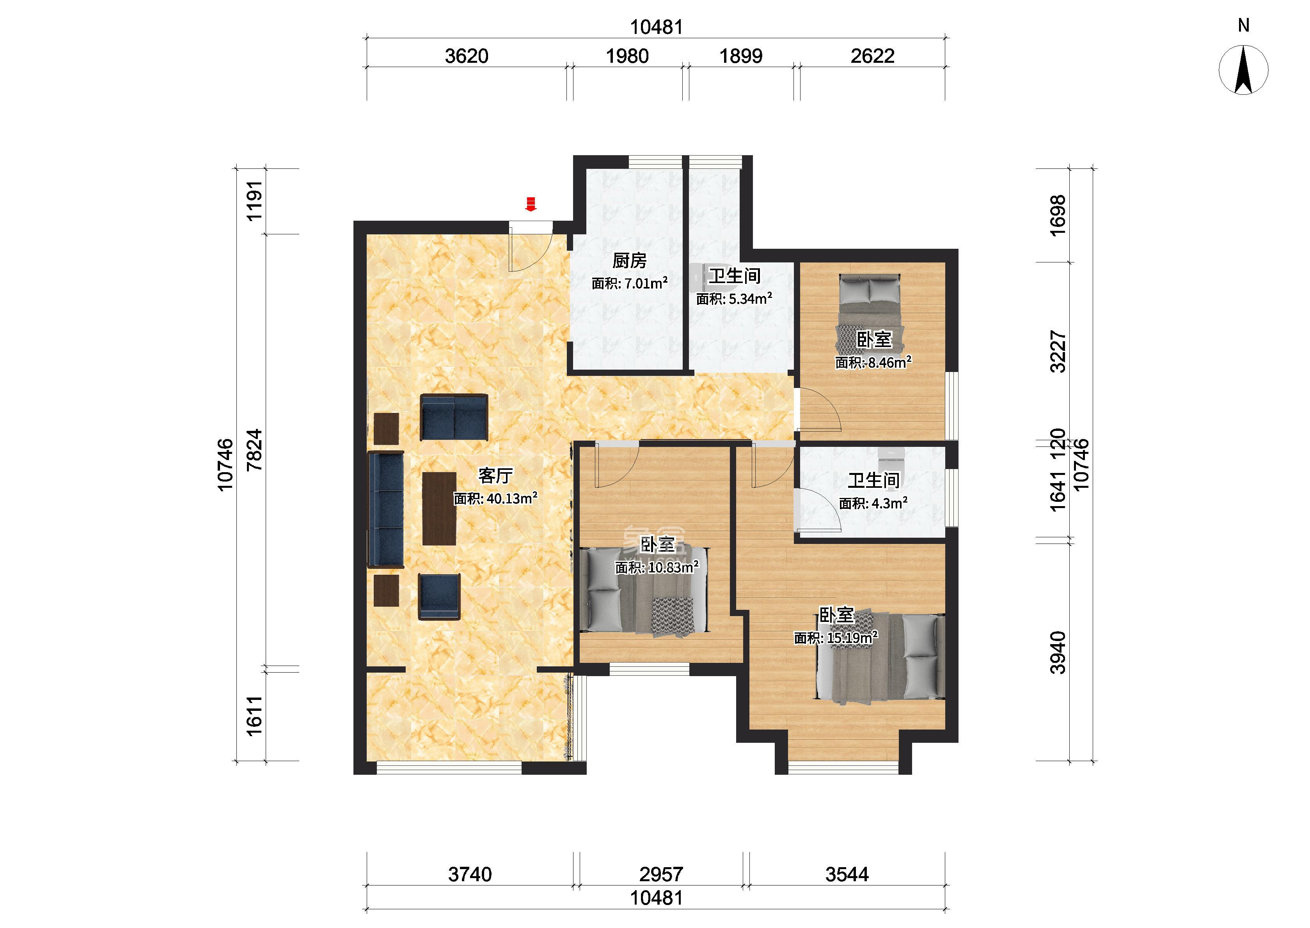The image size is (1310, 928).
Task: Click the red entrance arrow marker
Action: [531, 204]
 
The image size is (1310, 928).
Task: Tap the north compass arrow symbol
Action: [1244, 70]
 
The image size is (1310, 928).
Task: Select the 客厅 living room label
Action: [495, 475]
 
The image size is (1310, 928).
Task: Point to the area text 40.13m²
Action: [511, 498]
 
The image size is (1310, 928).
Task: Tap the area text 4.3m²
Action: [889, 503]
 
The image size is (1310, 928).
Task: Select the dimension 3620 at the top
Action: [467, 56]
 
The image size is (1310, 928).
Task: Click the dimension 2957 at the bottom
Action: [661, 874]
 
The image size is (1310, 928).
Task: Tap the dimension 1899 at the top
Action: [741, 56]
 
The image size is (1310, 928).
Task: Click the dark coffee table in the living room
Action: [439, 508]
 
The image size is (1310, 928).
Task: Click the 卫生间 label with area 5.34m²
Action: [735, 276]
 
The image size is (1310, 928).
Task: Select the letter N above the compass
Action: [1244, 25]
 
